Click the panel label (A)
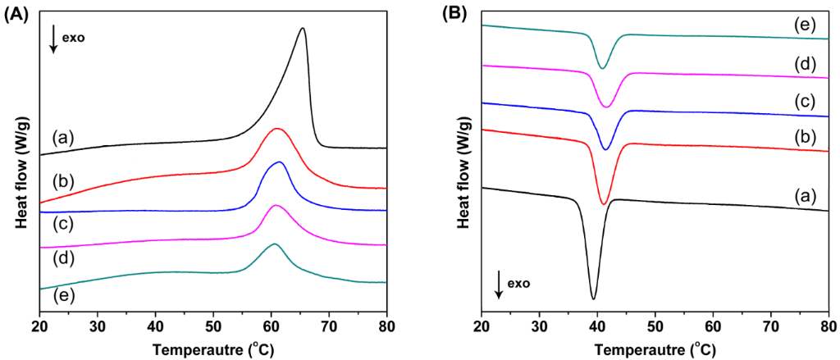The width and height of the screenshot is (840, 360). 18,11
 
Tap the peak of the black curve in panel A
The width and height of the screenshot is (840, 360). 303,29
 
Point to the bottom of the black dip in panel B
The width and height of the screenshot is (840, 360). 593,298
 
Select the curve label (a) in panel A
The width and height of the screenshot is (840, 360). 62,136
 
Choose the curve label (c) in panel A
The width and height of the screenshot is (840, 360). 62,221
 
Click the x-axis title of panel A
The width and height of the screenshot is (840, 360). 213,348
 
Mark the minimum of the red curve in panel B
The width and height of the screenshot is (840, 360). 604,203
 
